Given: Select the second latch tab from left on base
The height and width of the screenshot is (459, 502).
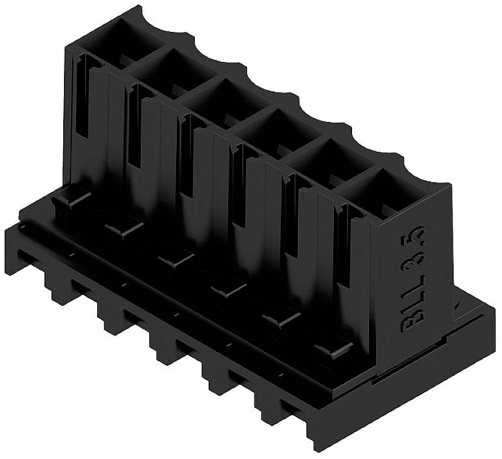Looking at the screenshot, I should point(124,228).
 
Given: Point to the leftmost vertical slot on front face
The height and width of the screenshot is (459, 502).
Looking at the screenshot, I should point(81,98).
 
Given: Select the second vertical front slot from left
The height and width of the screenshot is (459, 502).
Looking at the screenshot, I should point(133,127).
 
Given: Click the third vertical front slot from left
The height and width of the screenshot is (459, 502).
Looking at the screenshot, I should point(185,156).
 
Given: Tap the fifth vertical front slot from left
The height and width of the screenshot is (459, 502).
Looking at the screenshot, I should point(290,218).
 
